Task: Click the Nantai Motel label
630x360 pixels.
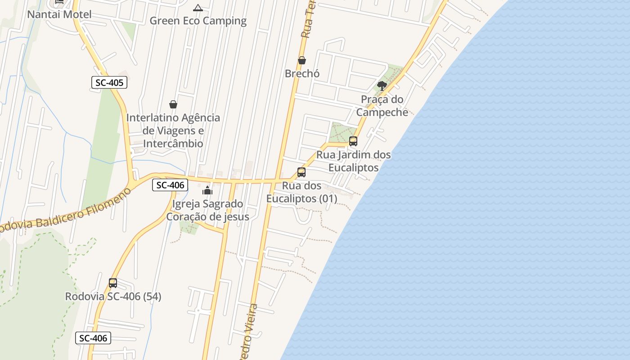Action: point(59,14)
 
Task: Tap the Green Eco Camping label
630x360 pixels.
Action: point(198,21)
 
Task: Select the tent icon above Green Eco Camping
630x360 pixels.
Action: point(198,8)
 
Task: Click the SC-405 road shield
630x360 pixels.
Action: point(109,82)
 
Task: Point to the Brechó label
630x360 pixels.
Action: point(302,73)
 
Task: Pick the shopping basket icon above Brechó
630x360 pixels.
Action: point(302,60)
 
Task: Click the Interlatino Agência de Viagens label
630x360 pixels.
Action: point(173,130)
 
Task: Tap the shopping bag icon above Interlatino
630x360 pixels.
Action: point(173,104)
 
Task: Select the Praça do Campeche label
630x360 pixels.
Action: point(382,106)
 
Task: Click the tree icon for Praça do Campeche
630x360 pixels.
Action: point(382,85)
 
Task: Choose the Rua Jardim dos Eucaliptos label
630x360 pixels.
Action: point(354,161)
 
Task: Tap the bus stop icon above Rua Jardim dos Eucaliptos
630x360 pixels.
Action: point(353,141)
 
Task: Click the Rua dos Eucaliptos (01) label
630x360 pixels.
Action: point(301,192)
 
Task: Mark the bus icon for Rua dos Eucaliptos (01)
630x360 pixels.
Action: point(301,172)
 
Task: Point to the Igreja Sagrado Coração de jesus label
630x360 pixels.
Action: point(207,210)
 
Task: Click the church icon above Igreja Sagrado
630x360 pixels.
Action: point(207,190)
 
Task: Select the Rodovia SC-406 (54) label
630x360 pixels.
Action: point(113,297)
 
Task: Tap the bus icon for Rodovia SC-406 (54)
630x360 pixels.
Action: point(113,283)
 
